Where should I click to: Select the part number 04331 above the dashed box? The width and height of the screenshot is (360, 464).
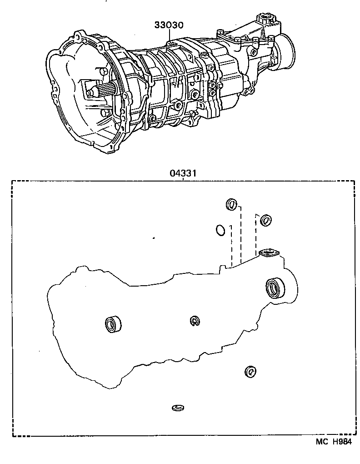tap(183, 174)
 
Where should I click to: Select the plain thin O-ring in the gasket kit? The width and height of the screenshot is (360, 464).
tap(220, 230)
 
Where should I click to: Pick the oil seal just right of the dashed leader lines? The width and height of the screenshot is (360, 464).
tap(265, 220)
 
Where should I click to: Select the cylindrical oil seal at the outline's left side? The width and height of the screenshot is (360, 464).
tap(113, 324)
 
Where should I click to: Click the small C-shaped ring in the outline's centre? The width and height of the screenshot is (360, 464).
tap(195, 321)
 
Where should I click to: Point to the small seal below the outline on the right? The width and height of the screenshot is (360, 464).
tap(250, 372)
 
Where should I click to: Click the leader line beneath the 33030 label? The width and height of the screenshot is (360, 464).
tap(169, 35)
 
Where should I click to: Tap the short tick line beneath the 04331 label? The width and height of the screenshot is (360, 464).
tap(183, 179)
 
